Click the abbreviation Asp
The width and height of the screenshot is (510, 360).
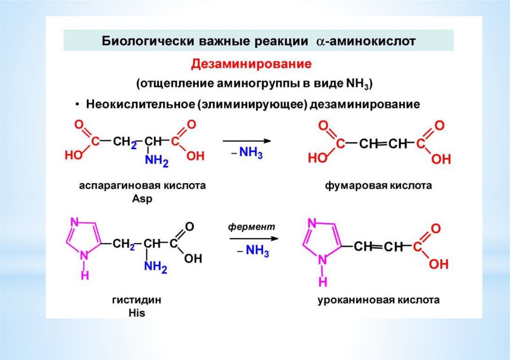point(142,198)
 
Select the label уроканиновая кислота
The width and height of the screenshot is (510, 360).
point(379,301)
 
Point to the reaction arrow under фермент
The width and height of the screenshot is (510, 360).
point(252,239)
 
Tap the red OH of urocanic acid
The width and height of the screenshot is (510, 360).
point(439,264)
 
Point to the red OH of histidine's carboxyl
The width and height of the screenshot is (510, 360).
point(193,258)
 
